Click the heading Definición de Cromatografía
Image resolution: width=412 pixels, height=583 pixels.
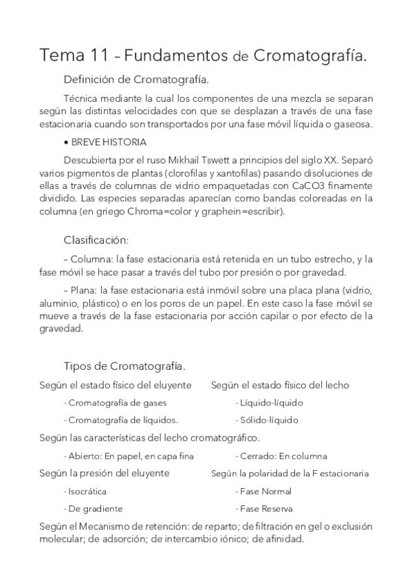(x=136, y=79)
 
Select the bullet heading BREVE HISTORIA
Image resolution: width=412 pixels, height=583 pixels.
(x=107, y=142)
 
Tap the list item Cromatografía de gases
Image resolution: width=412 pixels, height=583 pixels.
(x=117, y=402)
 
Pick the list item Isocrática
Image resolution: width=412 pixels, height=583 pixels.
(x=87, y=492)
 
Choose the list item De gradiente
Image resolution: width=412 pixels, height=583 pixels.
(x=95, y=509)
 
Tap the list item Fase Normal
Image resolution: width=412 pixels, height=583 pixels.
(x=265, y=492)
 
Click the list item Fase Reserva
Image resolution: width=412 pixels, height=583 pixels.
(x=266, y=509)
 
